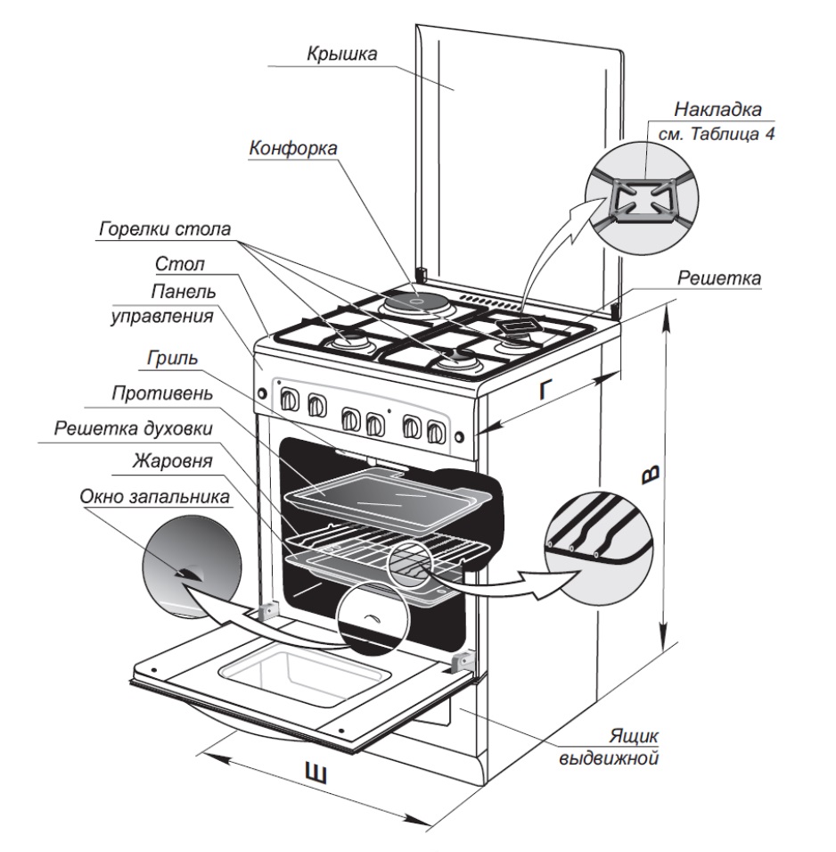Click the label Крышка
pyautogui.click(x=341, y=54)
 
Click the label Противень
pyautogui.click(x=161, y=392)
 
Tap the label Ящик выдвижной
pyautogui.click(x=622, y=749)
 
